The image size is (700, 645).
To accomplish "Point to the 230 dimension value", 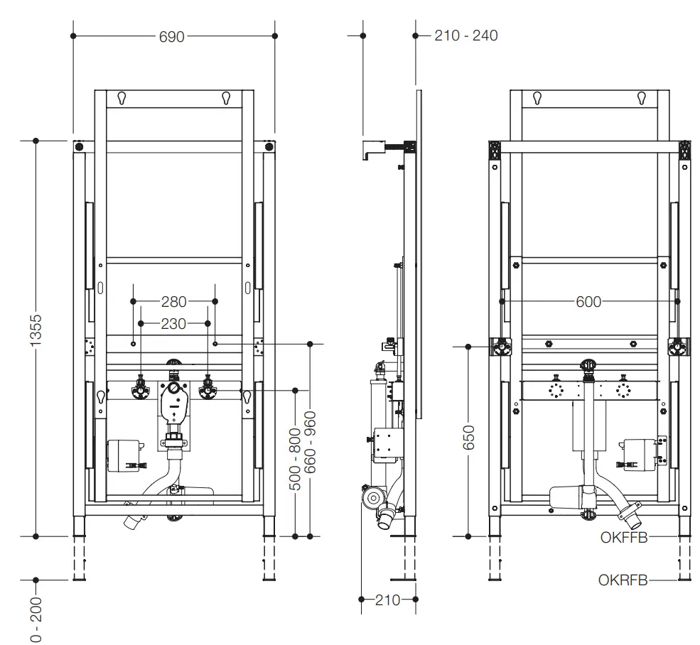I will click(173, 324).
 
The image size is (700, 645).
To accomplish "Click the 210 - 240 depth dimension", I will click(465, 36).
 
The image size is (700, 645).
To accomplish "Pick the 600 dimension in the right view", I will click(588, 302).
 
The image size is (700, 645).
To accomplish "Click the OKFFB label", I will click(624, 538).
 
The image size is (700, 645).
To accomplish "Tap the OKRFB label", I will click(623, 580).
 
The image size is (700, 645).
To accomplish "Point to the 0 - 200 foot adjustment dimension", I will click(38, 619).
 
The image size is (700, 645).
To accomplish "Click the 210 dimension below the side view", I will click(388, 600).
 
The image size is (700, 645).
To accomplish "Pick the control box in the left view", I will click(122, 455).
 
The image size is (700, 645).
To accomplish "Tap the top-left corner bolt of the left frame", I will click(79, 147).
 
